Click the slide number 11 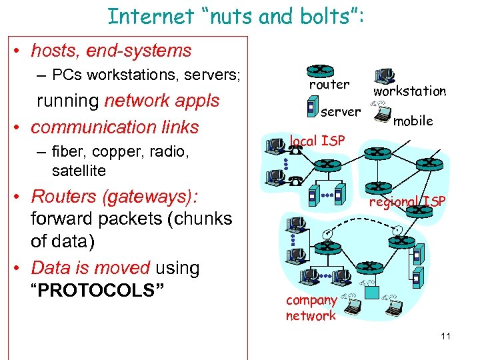445,336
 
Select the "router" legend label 329,85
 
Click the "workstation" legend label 409,91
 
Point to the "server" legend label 341,111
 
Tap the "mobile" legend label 413,121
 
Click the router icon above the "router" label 320,69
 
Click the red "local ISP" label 317,141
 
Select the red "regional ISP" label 407,202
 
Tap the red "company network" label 311,308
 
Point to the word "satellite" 79,171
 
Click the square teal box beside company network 374,293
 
